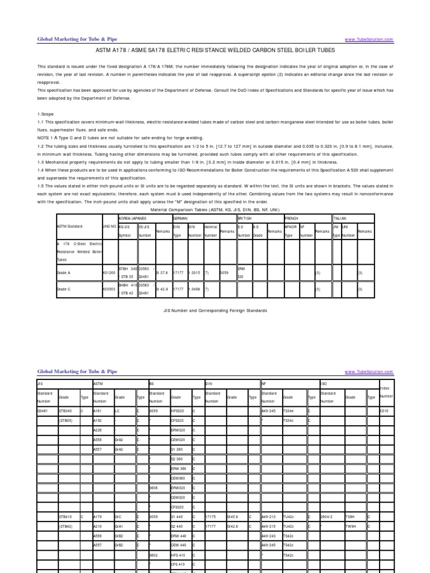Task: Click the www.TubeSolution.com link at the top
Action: coord(369,40)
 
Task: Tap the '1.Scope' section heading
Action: coord(46,114)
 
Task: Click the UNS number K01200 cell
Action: coord(109,273)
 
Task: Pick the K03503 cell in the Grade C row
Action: coord(109,289)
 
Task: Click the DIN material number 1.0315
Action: coord(194,273)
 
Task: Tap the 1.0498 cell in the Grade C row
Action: coord(194,289)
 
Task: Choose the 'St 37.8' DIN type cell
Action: coord(162,273)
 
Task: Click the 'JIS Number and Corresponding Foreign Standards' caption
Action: coord(215,310)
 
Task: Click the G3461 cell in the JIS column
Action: coord(43,410)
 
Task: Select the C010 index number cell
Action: coord(384,410)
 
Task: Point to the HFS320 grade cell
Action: coord(177,410)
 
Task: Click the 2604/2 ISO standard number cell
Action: coord(327,517)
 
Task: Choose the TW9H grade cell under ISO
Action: coord(351,527)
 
